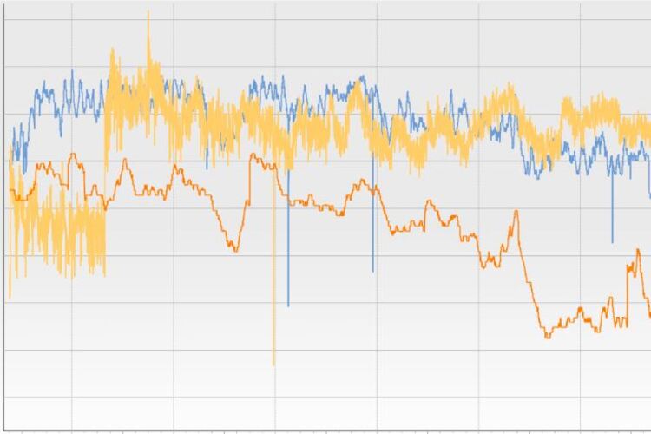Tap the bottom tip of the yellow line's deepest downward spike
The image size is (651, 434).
coord(273,365)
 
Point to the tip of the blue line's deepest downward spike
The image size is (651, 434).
coord(288,306)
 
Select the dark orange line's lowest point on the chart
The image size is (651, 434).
coord(547,336)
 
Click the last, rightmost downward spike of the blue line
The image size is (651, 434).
coord(612,242)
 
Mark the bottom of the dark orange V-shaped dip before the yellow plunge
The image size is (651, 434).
coord(235,250)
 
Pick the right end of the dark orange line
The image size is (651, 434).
coord(649,316)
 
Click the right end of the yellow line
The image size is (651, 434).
coord(649,130)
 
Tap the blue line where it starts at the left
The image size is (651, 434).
coord(12,143)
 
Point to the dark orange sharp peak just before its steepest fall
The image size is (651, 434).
coord(517,211)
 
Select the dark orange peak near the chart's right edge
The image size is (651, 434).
coord(628,250)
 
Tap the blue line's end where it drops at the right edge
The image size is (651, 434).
coord(649,196)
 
